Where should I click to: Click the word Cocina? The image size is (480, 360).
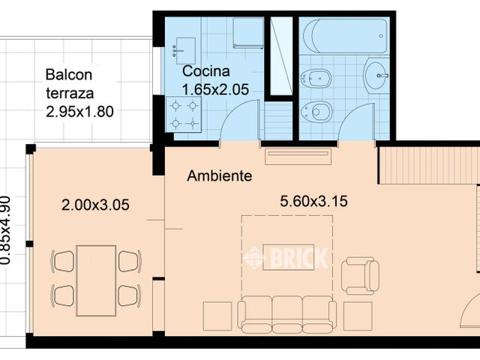coord(206,71)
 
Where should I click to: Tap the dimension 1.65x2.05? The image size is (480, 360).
coord(215,90)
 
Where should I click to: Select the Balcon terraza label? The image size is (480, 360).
coord(70,84)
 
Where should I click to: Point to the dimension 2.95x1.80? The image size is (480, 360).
coord(79,112)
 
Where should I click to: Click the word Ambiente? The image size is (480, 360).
coord(220,175)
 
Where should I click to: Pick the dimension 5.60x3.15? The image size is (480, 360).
coord(313,202)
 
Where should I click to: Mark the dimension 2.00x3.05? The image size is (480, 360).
coord(95,205)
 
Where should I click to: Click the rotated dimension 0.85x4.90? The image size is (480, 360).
coord(6,230)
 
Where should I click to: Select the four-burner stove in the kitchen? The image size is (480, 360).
coord(184,115)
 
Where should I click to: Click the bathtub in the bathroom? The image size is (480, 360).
coord(345,37)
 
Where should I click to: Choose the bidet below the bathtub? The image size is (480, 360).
coord(316,78)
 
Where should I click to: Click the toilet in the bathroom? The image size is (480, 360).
coord(316,111)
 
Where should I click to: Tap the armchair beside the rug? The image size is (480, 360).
coord(360,276)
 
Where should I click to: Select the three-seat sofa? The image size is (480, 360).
coord(287,314)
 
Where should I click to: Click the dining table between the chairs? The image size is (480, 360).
coord(96,280)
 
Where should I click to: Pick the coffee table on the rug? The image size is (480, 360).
coord(288,257)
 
